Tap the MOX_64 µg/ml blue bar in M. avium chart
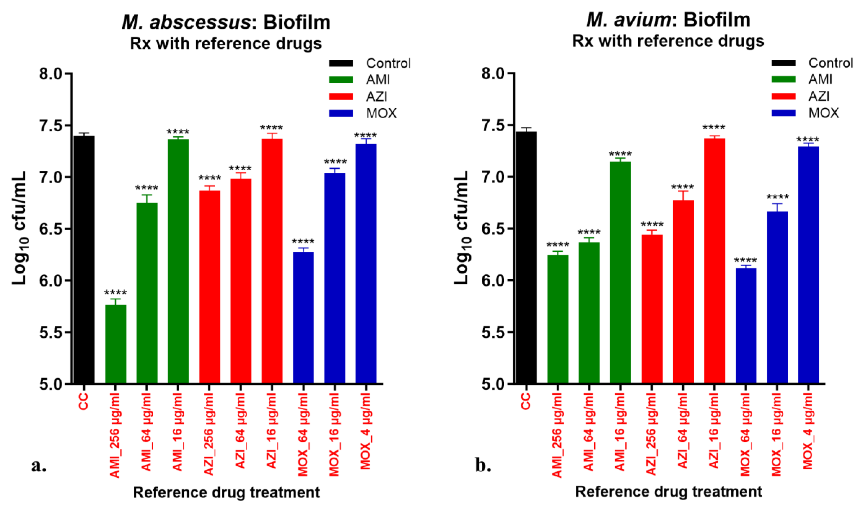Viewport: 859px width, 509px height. click(x=746, y=326)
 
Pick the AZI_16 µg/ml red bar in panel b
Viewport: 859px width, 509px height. click(x=714, y=261)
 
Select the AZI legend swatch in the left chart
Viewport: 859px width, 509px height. click(x=341, y=97)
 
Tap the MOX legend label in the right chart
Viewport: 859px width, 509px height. click(x=823, y=113)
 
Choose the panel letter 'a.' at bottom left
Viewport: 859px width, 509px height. click(x=39, y=465)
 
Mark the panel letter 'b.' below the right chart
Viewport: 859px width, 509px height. click(x=483, y=465)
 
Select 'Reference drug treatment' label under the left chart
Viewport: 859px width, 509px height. click(x=226, y=492)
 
